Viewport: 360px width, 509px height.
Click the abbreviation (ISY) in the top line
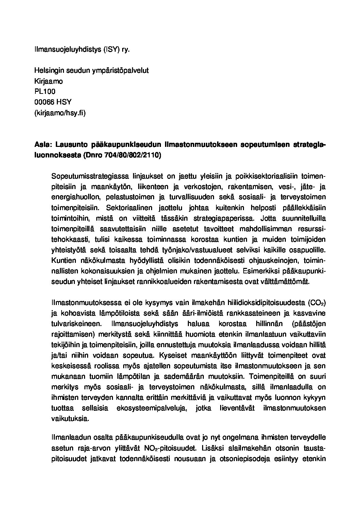[x=113, y=49]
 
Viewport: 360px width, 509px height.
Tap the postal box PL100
[x=45, y=91]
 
